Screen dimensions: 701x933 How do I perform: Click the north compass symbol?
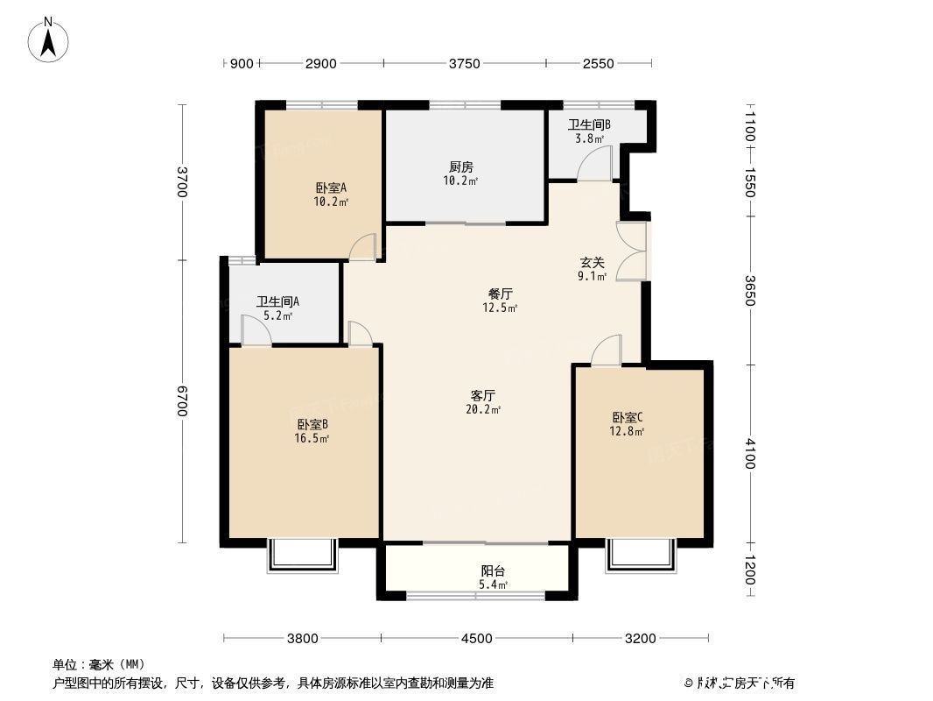point(49,39)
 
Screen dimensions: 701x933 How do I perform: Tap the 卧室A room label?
point(331,188)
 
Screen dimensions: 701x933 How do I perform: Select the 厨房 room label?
point(460,166)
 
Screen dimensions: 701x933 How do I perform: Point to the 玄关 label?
point(592,262)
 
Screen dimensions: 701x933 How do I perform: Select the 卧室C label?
point(627,417)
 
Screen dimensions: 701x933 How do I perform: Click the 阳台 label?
point(494,570)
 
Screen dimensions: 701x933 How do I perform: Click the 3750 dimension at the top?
point(465,63)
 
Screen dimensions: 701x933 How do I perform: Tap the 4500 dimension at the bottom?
point(477,639)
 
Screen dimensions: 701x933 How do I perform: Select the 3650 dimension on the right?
point(749,290)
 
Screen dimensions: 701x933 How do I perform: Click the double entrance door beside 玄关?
point(632,251)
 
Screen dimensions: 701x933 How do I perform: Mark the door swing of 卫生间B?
point(597,165)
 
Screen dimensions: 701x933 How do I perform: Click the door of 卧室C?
point(607,351)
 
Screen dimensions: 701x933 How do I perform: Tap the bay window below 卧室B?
point(302,556)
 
